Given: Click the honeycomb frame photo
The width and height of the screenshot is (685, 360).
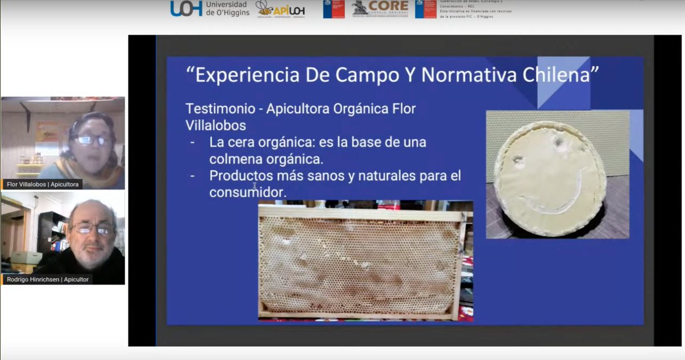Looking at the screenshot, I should (365, 260).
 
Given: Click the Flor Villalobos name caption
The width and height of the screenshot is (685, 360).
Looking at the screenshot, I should (43, 184).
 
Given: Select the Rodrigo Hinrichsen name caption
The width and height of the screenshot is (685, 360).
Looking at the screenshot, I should (48, 280).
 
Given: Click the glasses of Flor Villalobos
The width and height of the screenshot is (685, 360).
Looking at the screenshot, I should (92, 140).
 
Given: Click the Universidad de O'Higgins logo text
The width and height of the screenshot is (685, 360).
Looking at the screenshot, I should (227, 9).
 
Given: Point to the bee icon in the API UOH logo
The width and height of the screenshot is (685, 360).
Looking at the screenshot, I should (264, 7).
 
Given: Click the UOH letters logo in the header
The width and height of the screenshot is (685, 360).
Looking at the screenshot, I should (186, 8).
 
